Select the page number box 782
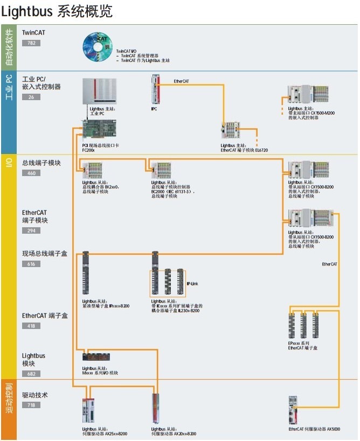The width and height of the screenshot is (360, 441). [31, 43]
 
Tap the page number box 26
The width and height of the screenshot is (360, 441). [31, 97]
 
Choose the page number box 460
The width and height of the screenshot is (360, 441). [31, 173]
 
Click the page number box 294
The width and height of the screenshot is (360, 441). [31, 230]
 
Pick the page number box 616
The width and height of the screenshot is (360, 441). [31, 264]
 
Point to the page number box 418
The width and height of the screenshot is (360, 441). [31, 326]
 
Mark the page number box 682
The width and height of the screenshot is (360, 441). [31, 374]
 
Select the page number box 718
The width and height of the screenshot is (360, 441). [31, 405]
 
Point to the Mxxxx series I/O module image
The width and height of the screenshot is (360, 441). [96, 356]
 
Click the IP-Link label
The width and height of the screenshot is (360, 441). [193, 283]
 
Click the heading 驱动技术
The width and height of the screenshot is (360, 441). [35, 395]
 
